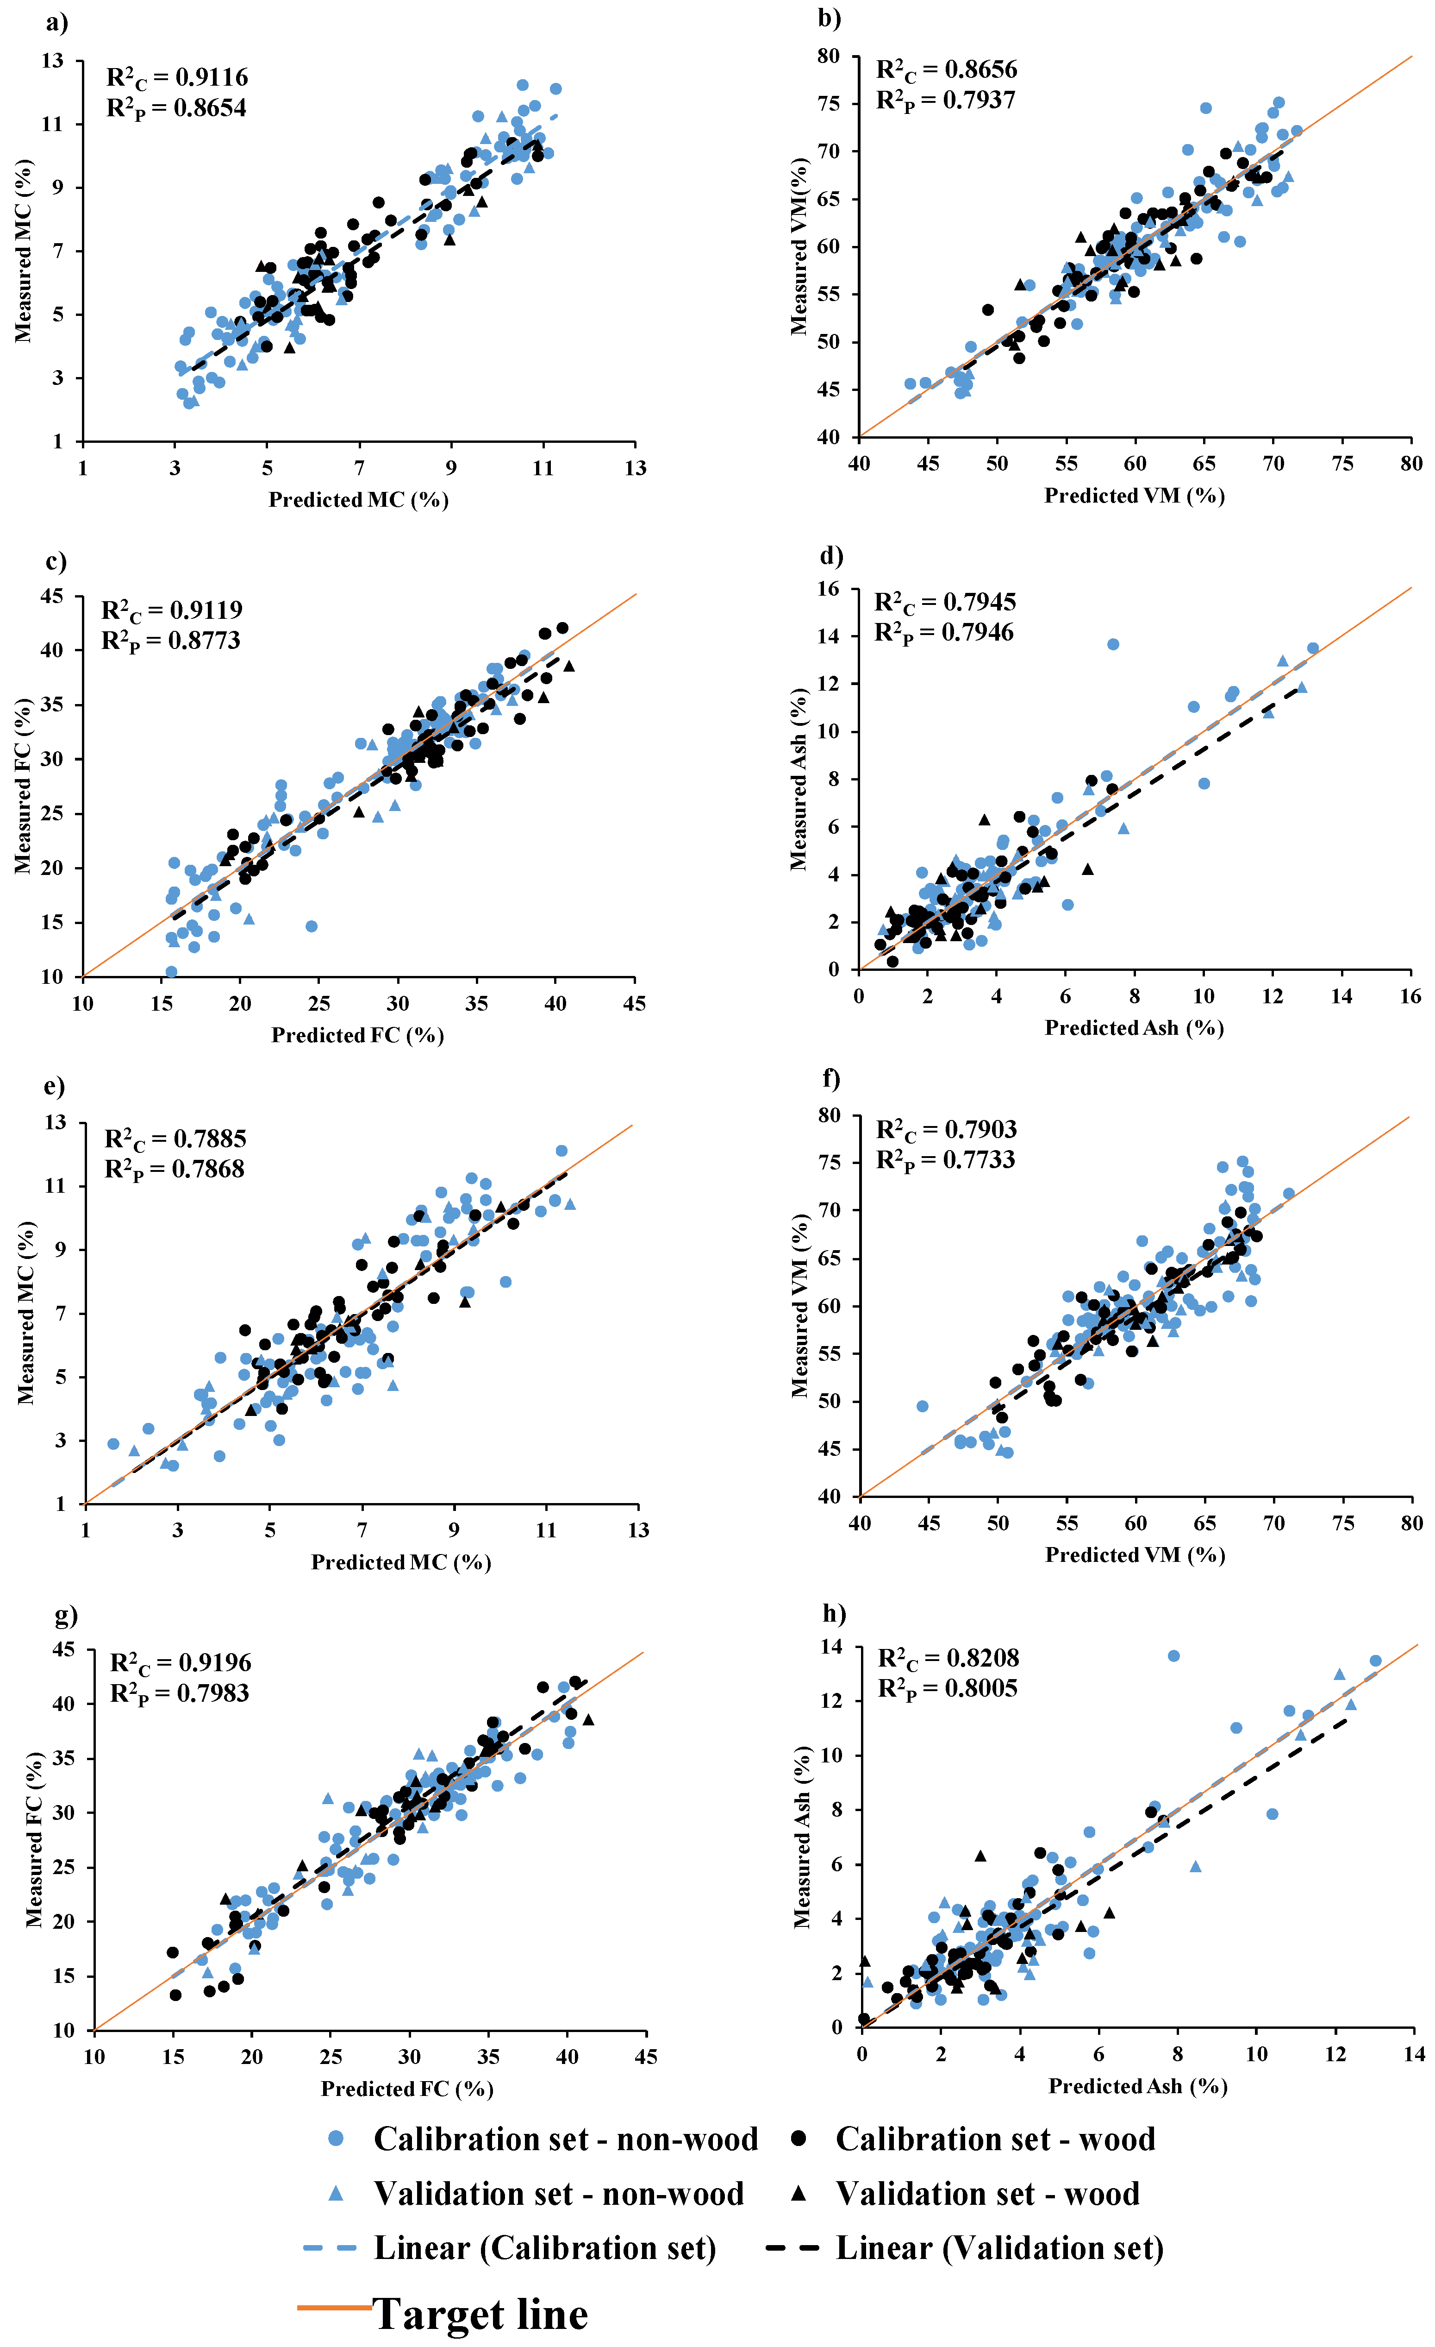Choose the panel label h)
(x=834, y=1613)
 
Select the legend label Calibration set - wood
(x=995, y=2139)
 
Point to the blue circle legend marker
(x=335, y=2139)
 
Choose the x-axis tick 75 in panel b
(x=1342, y=464)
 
